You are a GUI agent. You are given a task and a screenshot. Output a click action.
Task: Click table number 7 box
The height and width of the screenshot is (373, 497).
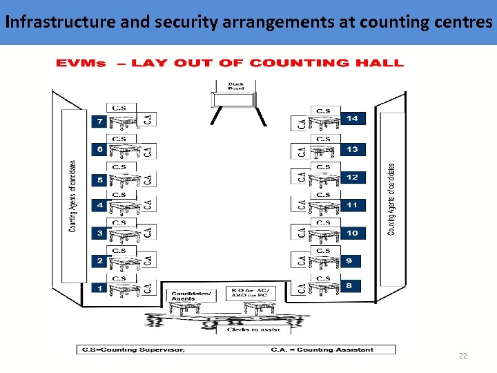pyautogui.click(x=99, y=122)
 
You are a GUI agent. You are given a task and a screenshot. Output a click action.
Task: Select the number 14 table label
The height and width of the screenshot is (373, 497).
pyautogui.click(x=352, y=119)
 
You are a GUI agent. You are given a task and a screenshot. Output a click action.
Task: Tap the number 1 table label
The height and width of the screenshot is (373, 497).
pyautogui.click(x=99, y=288)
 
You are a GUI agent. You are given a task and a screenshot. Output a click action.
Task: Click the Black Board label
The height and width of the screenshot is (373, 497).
pyautogui.click(x=235, y=86)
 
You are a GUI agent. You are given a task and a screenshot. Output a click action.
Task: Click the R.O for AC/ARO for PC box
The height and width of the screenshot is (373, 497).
pyautogui.click(x=252, y=293)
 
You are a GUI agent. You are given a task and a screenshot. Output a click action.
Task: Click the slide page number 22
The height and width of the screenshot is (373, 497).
pyautogui.click(x=462, y=356)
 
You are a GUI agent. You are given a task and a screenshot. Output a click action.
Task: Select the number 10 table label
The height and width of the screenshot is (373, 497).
pyautogui.click(x=352, y=233)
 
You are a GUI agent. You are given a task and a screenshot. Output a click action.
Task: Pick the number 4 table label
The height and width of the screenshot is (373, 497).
pyautogui.click(x=99, y=205)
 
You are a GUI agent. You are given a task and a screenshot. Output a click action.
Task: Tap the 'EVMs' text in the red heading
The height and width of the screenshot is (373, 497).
pyautogui.click(x=81, y=64)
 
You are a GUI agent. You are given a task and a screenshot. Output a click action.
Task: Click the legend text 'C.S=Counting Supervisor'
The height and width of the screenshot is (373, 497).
pyautogui.click(x=133, y=350)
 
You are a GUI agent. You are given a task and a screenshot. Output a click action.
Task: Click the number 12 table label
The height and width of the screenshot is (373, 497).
pyautogui.click(x=352, y=177)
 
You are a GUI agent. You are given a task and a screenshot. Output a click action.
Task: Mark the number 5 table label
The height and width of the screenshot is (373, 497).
pyautogui.click(x=99, y=180)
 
